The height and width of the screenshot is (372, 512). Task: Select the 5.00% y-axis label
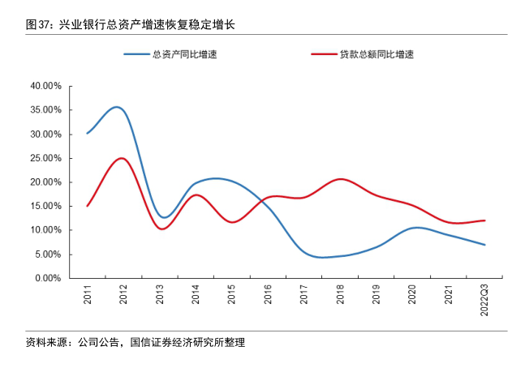tap(48, 254)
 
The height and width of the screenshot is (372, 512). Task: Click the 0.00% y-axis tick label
tap(48, 278)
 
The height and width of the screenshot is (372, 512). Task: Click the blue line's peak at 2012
tap(117, 107)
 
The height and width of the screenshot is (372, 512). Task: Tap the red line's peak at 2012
tap(121, 158)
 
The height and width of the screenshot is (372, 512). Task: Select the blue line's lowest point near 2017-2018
tap(322, 258)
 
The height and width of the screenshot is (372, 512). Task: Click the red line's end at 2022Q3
tap(484, 220)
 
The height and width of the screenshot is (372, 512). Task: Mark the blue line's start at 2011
tap(87, 133)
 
